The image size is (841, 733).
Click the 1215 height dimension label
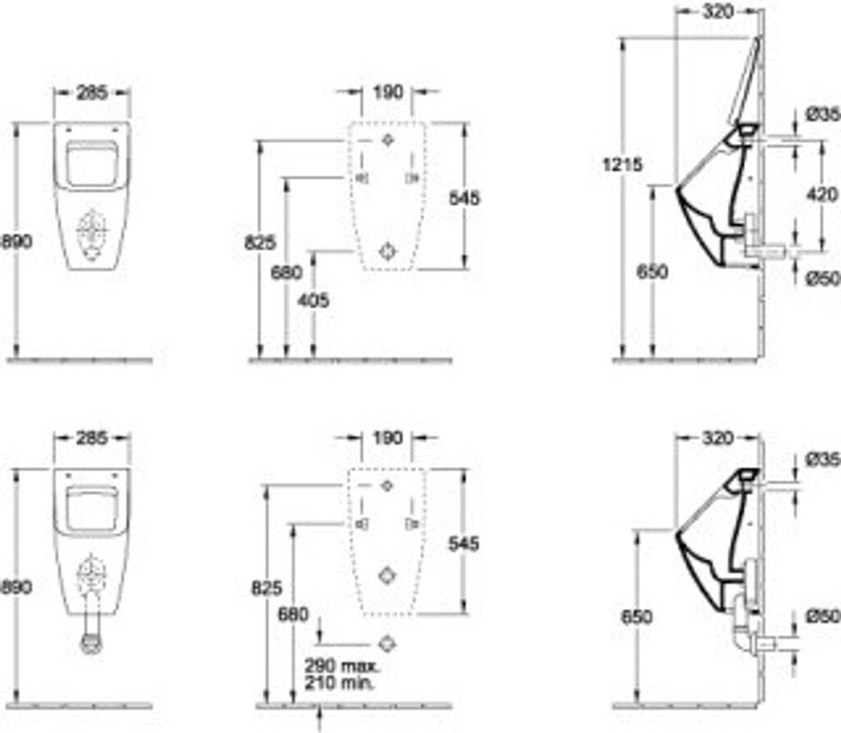click(621, 164)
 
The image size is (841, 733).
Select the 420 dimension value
click(822, 195)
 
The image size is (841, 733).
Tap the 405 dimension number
click(314, 300)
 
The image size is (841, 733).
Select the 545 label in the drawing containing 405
click(465, 198)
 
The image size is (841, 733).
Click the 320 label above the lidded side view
click(718, 11)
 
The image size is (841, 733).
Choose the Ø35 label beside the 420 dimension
click(822, 115)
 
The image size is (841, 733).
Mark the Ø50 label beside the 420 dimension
click(822, 279)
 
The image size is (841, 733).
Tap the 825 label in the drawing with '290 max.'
click(266, 588)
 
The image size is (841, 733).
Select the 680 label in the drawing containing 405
click(287, 272)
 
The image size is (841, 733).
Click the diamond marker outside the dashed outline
click(388, 643)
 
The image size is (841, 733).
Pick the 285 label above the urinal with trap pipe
click(91, 438)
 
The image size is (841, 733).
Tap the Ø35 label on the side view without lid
click(822, 459)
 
